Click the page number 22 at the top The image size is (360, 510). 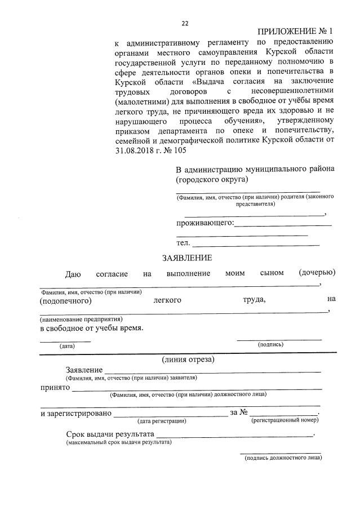[x=185, y=23]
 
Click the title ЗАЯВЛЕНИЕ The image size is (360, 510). [x=187, y=258]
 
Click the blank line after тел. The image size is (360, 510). [x=256, y=244]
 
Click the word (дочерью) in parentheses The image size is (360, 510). [x=318, y=273]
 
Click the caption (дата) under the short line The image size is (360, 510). [x=67, y=346]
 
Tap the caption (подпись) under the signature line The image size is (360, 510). [x=270, y=344]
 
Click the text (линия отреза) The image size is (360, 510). [x=188, y=359]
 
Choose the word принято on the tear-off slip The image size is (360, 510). [x=55, y=387]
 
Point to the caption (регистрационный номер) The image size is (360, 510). [x=285, y=420]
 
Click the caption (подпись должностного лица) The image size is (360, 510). [x=283, y=458]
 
